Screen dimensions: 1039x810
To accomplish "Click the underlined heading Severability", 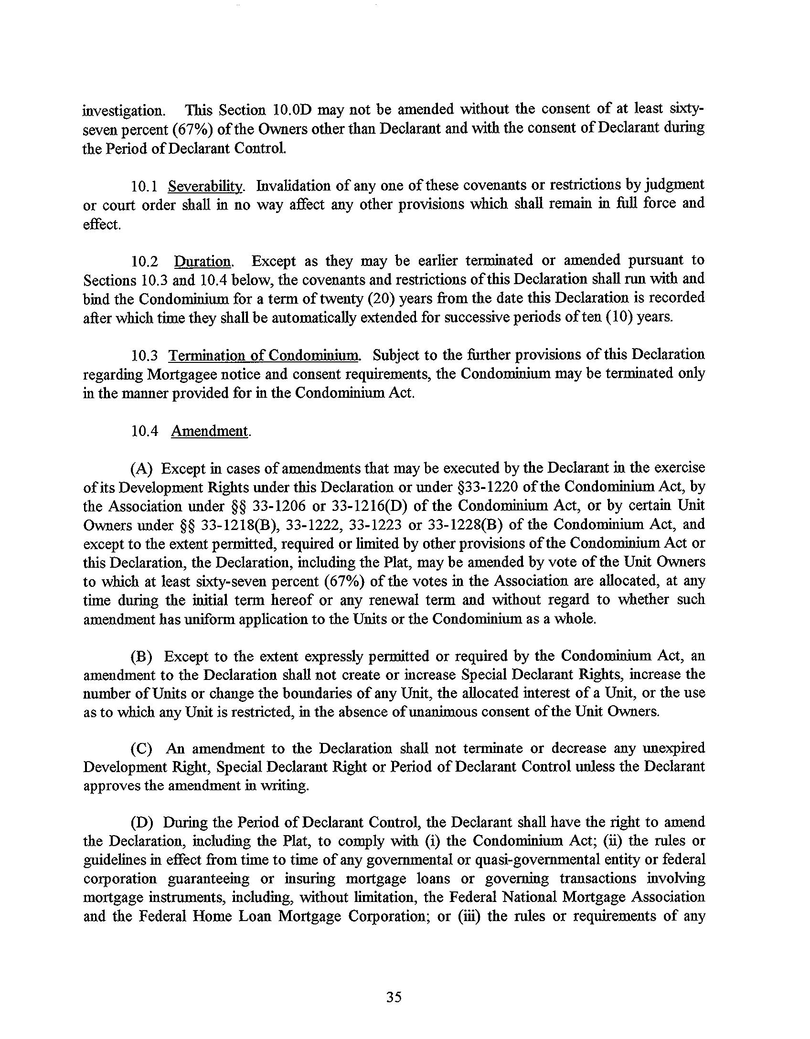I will [x=206, y=185].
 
